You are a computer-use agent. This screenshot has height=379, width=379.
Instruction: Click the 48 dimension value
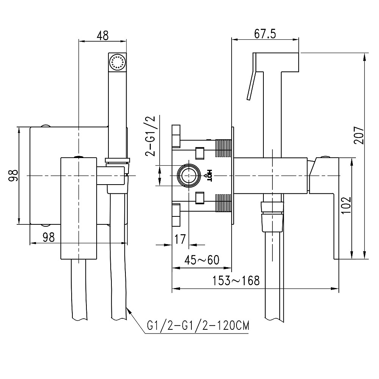click(x=102, y=35)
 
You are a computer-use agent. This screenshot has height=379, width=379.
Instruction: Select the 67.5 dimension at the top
click(x=265, y=34)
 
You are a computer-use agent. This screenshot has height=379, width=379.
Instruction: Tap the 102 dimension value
click(x=346, y=205)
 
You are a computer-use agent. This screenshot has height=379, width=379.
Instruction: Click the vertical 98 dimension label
click(x=13, y=176)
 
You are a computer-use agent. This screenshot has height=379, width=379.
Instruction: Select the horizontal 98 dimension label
click(x=49, y=237)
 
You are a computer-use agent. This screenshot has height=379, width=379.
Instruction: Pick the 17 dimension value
click(x=181, y=239)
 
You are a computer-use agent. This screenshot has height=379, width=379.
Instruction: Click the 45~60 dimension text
click(x=202, y=260)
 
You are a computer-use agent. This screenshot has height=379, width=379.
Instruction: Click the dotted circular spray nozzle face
click(x=117, y=62)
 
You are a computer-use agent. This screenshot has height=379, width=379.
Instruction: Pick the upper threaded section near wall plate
click(x=224, y=148)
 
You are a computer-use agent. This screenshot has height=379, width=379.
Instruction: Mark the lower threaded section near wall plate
click(x=224, y=203)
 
